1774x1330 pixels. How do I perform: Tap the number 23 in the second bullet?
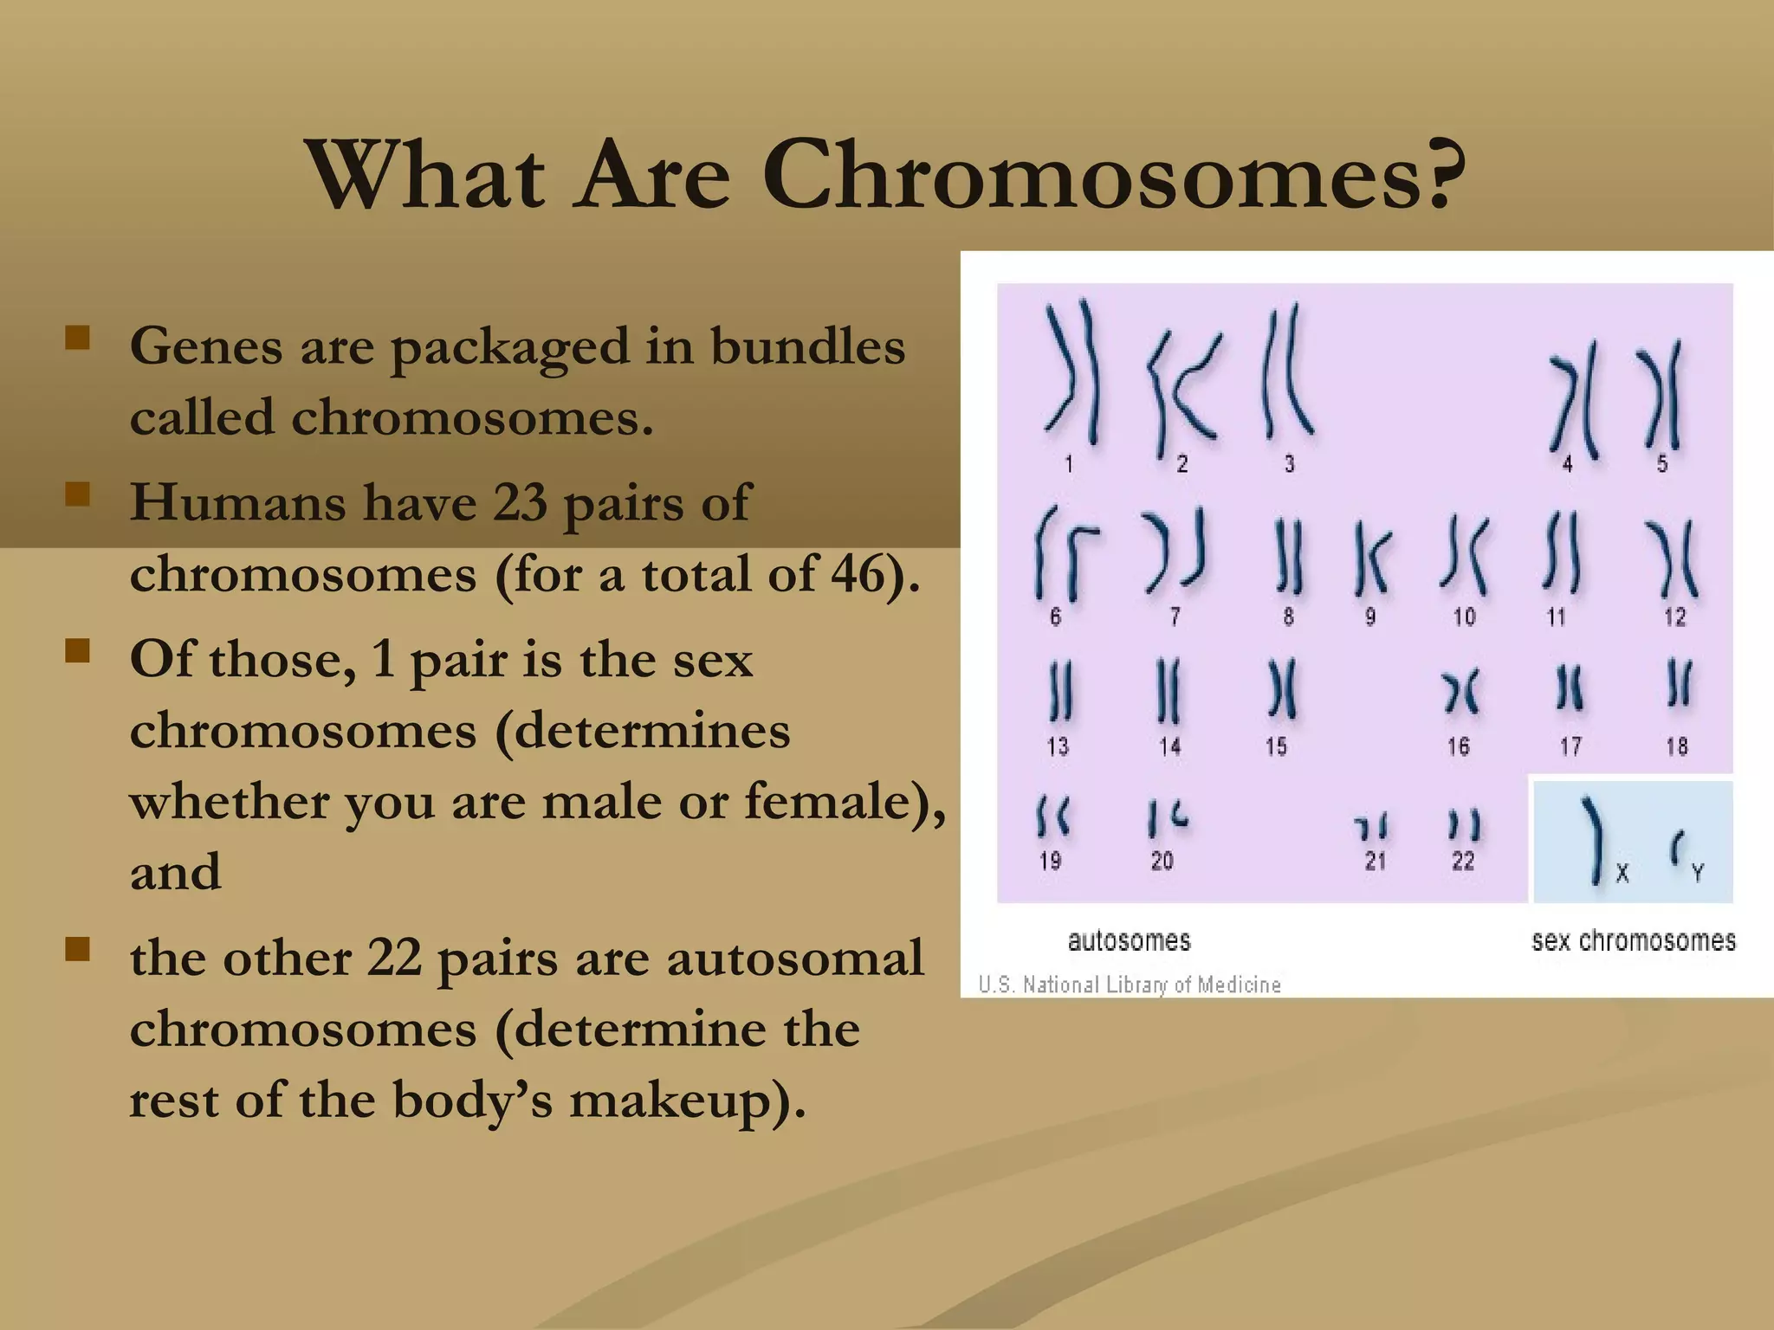click(520, 502)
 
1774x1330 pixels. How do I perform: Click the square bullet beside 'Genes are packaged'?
click(78, 338)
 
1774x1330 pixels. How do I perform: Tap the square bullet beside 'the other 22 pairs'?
click(78, 950)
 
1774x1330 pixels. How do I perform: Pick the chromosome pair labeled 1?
click(1072, 372)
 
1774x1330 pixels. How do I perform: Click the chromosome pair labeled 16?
click(1460, 693)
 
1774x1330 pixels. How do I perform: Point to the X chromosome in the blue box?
click(1594, 840)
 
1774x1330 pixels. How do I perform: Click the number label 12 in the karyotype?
click(1674, 617)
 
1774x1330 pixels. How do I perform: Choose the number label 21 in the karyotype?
click(1376, 861)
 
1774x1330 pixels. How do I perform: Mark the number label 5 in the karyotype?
click(1662, 464)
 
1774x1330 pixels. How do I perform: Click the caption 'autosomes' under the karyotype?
click(1129, 940)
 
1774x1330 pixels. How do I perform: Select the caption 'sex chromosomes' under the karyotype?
click(1634, 940)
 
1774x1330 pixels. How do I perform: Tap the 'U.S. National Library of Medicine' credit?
click(1130, 985)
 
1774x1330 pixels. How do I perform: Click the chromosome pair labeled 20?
click(1167, 818)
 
